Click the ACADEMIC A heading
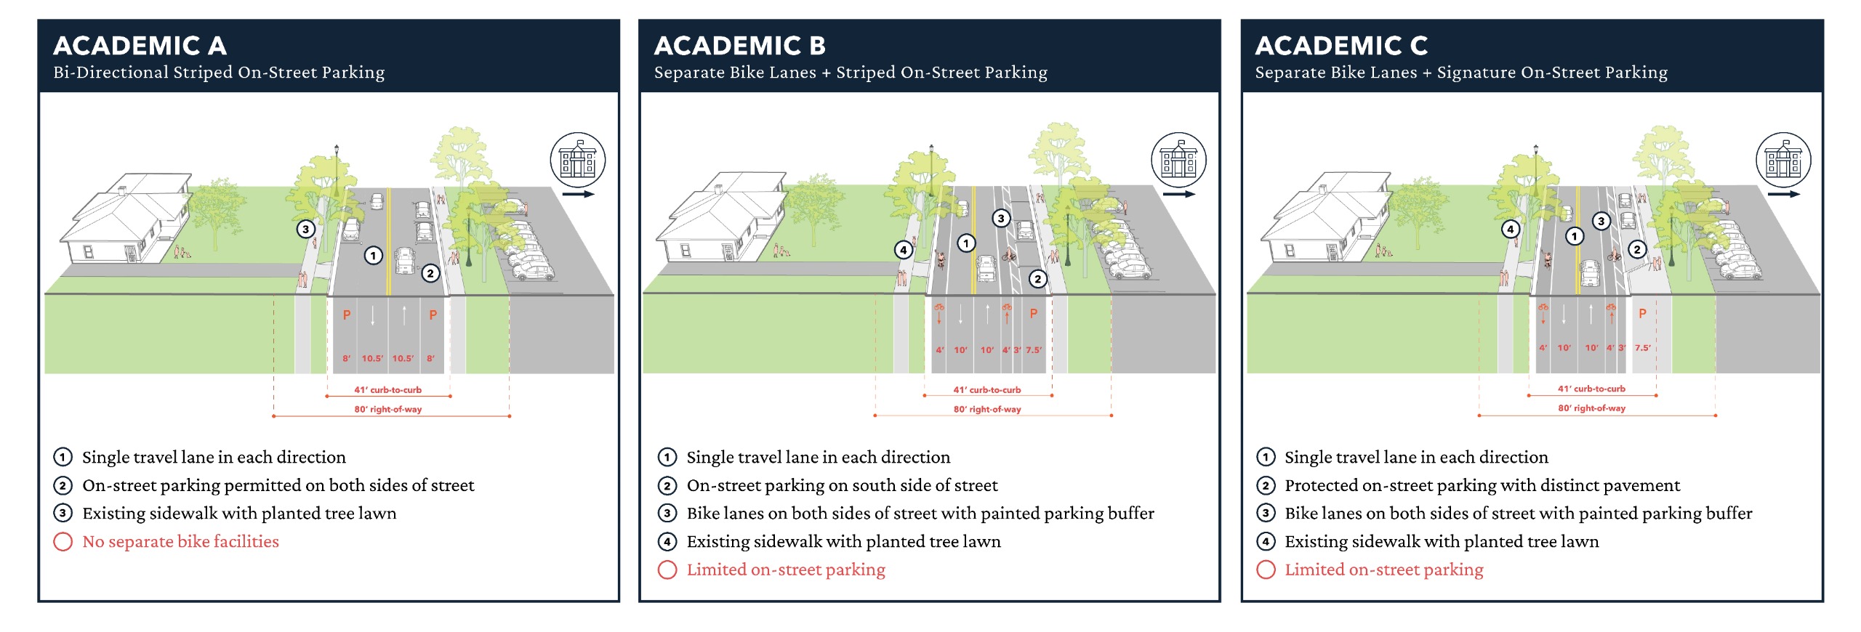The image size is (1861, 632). click(x=140, y=46)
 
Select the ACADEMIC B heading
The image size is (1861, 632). click(x=739, y=46)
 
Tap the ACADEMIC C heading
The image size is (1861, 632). click(x=1341, y=46)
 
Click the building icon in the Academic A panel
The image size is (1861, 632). click(x=578, y=160)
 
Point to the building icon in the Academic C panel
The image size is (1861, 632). click(x=1783, y=160)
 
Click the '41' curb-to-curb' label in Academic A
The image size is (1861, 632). click(x=387, y=390)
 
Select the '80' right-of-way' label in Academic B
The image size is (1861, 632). click(x=987, y=410)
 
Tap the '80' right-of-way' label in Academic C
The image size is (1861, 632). click(x=1591, y=408)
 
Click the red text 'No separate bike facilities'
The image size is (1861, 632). click(x=180, y=542)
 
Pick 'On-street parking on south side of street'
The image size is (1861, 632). click(x=842, y=485)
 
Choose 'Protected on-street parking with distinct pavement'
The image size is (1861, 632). click(x=1482, y=485)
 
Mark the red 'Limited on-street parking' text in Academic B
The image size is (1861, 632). click(x=786, y=570)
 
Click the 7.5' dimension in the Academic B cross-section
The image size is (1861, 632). click(x=1033, y=350)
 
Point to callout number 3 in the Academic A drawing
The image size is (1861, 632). click(x=305, y=230)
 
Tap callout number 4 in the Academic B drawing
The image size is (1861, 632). click(x=903, y=250)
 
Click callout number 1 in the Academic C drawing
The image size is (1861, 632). click(x=1575, y=236)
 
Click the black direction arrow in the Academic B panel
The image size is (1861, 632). click(x=1178, y=194)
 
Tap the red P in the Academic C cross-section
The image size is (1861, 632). click(x=1642, y=314)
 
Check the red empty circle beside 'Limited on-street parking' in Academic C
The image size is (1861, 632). click(x=1266, y=570)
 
